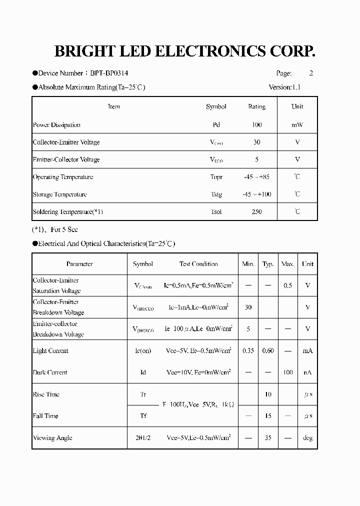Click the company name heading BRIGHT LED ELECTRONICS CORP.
coord(184,52)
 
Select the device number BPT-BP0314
coord(108,73)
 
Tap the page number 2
coord(311,73)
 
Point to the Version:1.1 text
coord(284,87)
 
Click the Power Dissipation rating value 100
coord(256,125)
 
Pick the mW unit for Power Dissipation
coord(297,125)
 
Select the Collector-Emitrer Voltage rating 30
coord(256,142)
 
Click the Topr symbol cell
coord(216,177)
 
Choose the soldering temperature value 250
coord(256,212)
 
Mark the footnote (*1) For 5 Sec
coord(55,230)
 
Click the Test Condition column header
coord(198,264)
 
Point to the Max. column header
coord(287,264)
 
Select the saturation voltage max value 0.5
coord(287,285)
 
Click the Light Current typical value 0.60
coord(268,351)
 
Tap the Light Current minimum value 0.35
coord(248,351)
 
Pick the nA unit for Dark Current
coord(307,372)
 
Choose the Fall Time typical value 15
coord(268,416)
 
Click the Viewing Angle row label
coord(52,438)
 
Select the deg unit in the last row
coord(307,438)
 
